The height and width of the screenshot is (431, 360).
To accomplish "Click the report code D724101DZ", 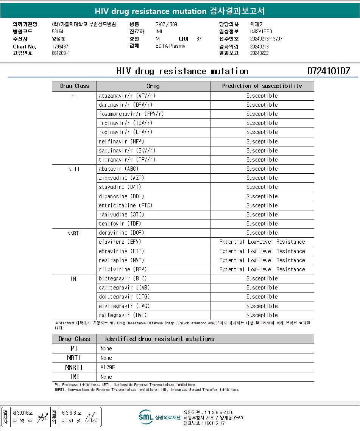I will pos(329,72).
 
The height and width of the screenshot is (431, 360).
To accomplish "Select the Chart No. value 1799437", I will pos(60,47).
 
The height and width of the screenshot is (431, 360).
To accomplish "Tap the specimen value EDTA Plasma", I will pos(170,46).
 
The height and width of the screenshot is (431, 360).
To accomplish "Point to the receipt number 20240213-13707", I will pos(266,39).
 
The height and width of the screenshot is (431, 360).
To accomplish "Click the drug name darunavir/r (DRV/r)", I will pos(125,105).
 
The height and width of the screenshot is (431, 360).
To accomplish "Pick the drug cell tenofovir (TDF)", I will pos(120,224).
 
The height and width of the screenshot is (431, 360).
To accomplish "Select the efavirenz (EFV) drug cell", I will pos(120,242).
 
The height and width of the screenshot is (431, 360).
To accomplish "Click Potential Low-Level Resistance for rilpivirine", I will pos(262,269).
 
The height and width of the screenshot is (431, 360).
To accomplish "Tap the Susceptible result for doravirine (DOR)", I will pos(262,233).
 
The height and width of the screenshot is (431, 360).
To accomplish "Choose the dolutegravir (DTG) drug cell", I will pos(124,297).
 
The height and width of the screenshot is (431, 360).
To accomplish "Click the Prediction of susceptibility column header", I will pos(262,86).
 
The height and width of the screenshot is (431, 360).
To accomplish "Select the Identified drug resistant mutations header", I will pos(159,339).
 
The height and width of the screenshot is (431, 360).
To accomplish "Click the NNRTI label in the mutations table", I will pos(74,367).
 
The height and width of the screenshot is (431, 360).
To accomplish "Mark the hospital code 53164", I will pos(58,31).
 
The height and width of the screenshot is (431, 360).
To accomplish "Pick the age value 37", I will pos(199,39).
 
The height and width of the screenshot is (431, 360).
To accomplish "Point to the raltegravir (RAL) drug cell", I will pos(123,315).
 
